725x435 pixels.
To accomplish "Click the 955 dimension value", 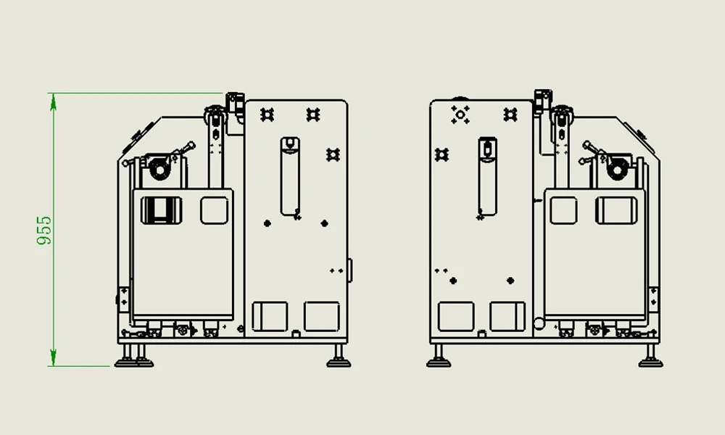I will pos(44,230).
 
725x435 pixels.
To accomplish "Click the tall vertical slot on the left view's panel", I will pos(289,175).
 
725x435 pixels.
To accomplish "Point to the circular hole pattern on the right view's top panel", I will pos(460,113).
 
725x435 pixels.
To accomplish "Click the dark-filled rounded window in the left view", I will pos(161,210).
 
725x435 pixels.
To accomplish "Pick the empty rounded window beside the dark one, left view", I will pos(215,210).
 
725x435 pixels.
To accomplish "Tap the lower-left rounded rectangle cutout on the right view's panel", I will pos(456,316).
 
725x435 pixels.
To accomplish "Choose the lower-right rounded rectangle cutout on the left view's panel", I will pos(321,316).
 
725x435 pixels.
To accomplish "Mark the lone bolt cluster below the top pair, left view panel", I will pos(333,153).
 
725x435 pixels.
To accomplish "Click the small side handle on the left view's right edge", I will pos(349,270).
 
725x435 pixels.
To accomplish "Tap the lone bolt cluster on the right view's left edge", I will pos(442,154).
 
